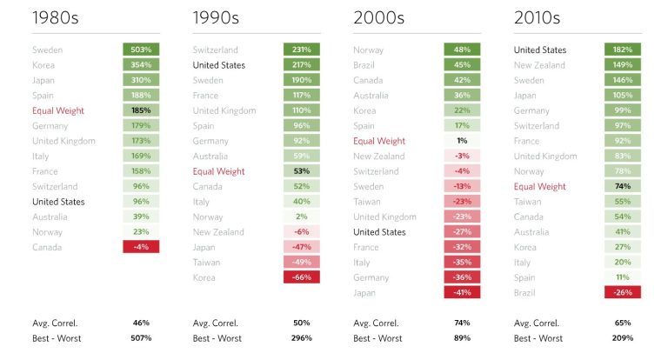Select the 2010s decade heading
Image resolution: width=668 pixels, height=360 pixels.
click(537, 17)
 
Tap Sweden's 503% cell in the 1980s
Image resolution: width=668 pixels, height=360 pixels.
click(141, 50)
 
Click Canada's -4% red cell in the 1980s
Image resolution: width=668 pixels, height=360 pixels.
click(141, 247)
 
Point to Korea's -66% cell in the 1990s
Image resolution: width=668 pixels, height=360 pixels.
click(301, 277)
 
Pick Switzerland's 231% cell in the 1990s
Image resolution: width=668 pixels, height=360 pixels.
click(301, 50)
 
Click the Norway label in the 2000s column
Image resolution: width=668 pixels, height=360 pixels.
click(369, 50)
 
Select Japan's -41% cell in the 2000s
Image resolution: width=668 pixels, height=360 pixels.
click(462, 292)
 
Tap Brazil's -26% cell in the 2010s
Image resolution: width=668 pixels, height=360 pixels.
click(622, 292)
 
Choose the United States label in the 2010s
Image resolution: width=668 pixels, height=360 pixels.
click(539, 50)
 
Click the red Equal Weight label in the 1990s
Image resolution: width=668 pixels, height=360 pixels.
click(218, 171)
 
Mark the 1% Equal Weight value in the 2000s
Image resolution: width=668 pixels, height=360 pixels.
click(462, 141)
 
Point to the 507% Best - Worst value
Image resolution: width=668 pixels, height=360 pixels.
click(141, 337)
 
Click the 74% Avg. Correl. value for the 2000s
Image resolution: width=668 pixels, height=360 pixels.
click(462, 323)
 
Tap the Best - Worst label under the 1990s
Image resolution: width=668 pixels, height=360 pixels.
click(217, 337)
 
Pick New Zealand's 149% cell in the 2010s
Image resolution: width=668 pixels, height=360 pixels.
click(622, 65)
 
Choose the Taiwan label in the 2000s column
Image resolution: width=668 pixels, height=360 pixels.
click(368, 202)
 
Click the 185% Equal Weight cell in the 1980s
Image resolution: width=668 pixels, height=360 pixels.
click(141, 110)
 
